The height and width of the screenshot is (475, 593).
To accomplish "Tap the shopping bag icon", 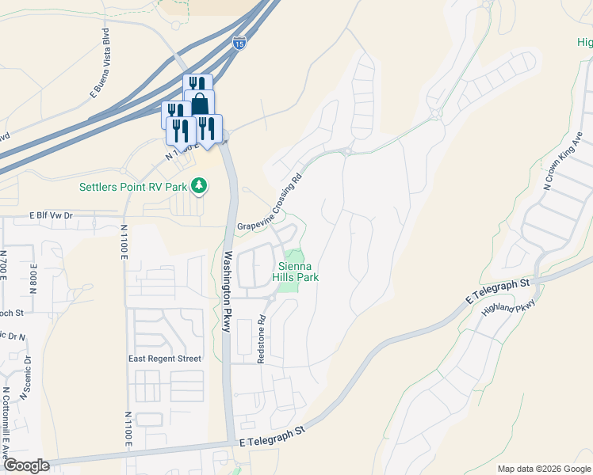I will pos(200,104).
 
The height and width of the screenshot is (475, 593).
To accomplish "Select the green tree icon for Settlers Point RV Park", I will pos(200,187).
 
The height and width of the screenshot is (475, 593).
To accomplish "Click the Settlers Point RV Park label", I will pos(132,187).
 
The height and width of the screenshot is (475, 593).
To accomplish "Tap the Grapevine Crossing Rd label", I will pos(270,203).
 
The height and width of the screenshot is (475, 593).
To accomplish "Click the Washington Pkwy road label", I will pos(227,291).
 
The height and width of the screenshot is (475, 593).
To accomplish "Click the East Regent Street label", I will pos(165,359).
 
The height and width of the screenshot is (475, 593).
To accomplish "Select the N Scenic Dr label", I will pos(26,372).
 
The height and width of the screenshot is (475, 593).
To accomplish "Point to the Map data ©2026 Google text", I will pos(543,469).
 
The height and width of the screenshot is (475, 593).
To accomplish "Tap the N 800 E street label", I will pos(33,276).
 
